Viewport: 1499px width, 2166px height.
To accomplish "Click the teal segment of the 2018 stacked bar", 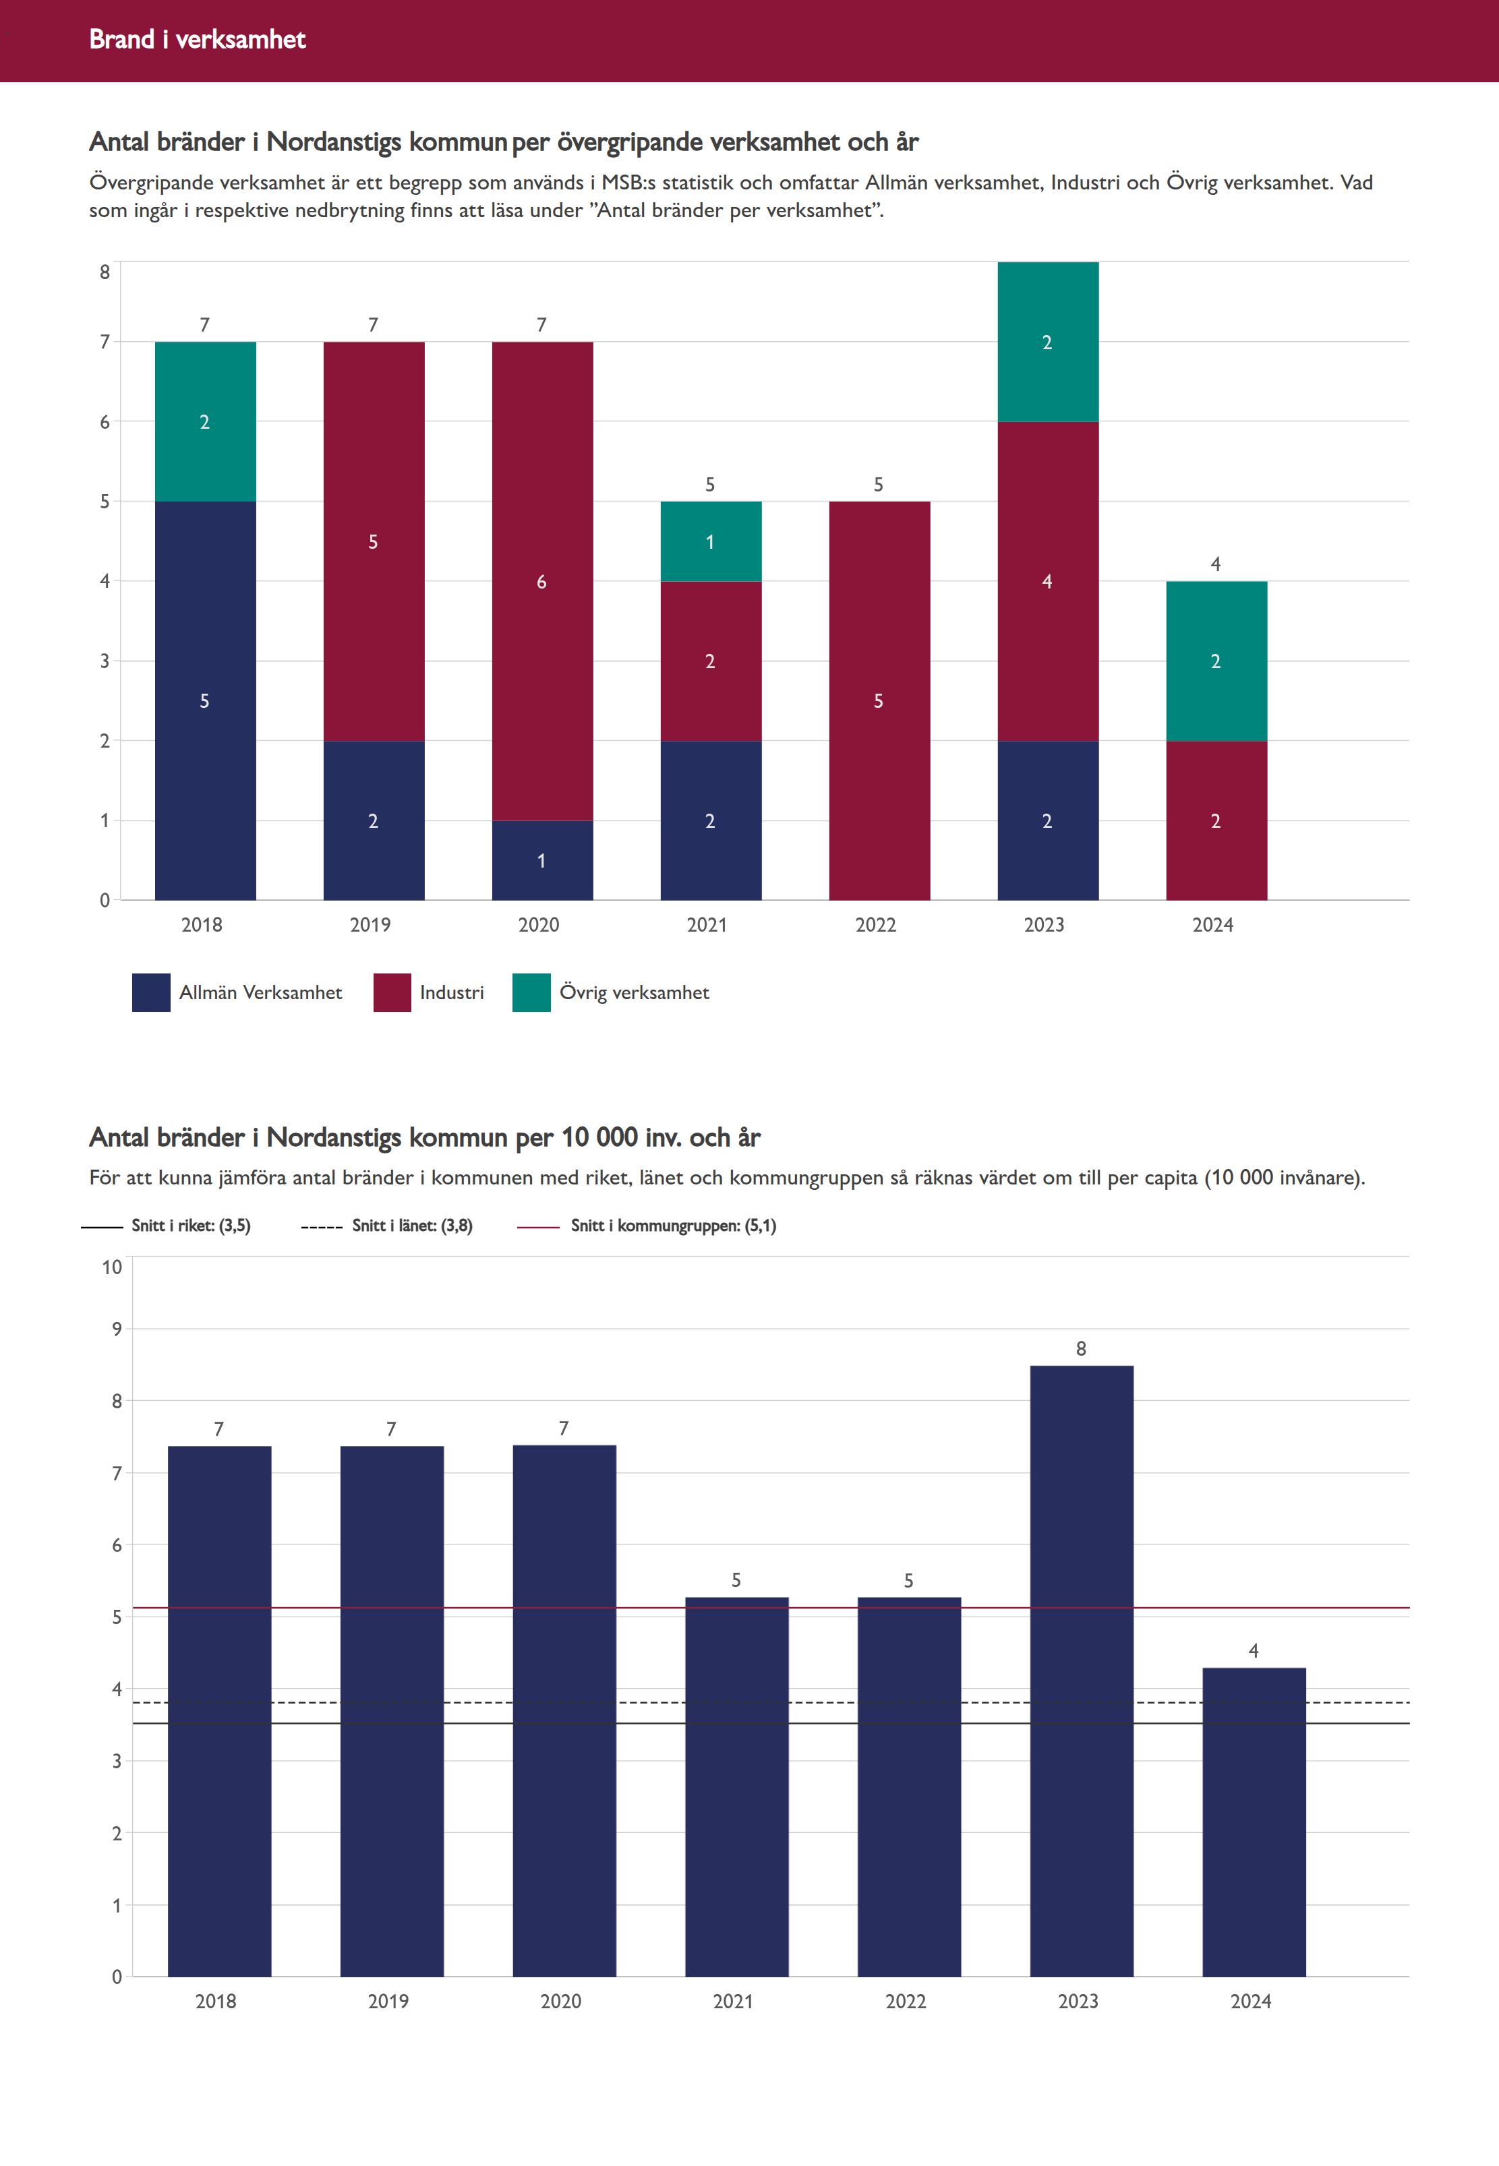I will pos(205,421).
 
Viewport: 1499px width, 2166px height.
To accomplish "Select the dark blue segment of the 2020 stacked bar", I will pos(542,860).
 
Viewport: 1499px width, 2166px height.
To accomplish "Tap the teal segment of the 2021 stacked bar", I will pos(710,542).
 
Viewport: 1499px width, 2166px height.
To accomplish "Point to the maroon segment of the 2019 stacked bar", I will pos(373,542).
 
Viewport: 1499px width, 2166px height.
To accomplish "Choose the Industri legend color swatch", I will pos(392,992).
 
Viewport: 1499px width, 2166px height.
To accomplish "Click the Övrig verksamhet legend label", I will pos(634,992).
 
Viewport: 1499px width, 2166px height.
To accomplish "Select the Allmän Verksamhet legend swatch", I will pos(150,992).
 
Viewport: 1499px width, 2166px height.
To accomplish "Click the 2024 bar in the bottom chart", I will pos(1253,1822).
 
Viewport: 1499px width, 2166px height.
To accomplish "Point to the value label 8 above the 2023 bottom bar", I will pos(1080,1348).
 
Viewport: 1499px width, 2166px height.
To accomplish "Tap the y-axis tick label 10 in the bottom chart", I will pos(112,1267).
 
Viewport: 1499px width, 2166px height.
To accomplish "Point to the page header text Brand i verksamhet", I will pos(197,39).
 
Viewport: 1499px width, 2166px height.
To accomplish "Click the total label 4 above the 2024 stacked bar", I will pos(1215,564).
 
